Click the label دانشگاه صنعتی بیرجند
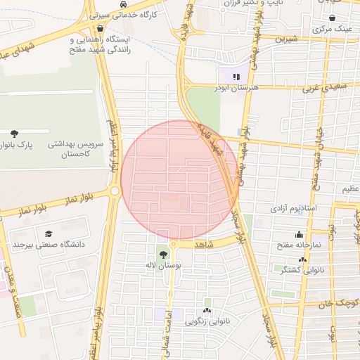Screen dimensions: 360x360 [48, 245]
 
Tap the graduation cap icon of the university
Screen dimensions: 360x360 [49, 234]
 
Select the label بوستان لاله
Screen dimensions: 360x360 [163, 266]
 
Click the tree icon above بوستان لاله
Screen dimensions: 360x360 [164, 255]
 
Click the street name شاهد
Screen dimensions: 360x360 [202, 244]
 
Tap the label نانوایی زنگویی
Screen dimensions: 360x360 [207, 321]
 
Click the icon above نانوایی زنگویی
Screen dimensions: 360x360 [207, 310]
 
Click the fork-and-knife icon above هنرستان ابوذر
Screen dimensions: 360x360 [236, 76]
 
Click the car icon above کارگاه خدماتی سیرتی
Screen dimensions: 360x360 [123, 3]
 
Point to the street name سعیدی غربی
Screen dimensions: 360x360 [326, 89]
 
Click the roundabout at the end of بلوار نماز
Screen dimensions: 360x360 [115, 191]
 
